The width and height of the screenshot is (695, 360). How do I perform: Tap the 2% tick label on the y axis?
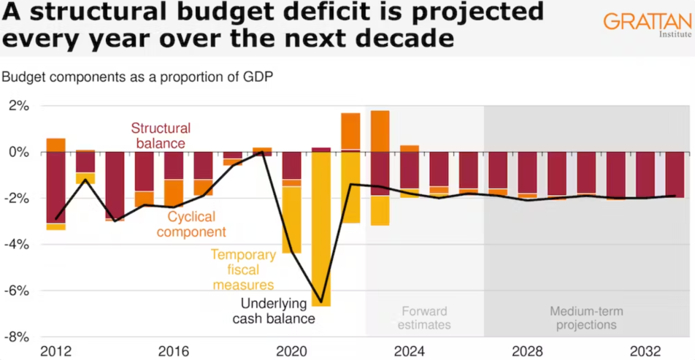[x=18, y=106]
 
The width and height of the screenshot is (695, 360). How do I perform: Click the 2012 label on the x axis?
[x=56, y=349]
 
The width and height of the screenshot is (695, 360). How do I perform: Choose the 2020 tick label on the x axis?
[x=291, y=349]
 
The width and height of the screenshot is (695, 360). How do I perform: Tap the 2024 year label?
[x=410, y=349]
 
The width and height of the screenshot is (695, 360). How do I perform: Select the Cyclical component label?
[x=196, y=223]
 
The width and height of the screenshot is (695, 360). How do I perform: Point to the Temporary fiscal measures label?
[x=243, y=269]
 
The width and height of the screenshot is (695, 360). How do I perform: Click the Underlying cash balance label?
[x=274, y=312]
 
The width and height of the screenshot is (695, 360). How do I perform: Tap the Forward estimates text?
[x=423, y=318]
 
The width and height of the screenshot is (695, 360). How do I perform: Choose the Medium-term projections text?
[x=586, y=318]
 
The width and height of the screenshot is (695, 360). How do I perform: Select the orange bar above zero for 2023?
[x=380, y=131]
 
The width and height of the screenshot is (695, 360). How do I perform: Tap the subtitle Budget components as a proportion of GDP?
[x=138, y=77]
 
